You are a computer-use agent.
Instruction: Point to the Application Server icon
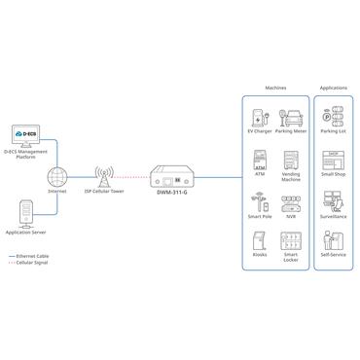[x=26, y=215]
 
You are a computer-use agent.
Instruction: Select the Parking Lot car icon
[x=335, y=119]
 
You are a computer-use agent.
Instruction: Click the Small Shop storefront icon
[x=335, y=161]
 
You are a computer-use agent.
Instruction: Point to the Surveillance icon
[x=335, y=203]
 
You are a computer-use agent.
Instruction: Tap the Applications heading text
[x=335, y=87]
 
